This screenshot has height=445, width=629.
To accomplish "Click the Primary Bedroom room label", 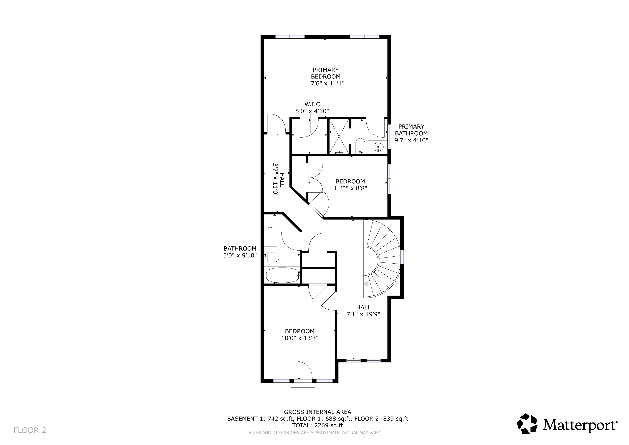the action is click(326, 76).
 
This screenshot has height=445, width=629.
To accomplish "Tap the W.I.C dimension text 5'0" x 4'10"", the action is click(312, 111).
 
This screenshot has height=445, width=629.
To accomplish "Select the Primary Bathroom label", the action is click(411, 133).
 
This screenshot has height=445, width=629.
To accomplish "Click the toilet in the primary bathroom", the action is click(360, 146).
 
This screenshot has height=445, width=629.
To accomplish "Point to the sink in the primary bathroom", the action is click(378, 147).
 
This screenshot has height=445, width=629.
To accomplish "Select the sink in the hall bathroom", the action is click(271, 227).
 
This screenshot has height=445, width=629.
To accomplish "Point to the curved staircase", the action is click(382, 259).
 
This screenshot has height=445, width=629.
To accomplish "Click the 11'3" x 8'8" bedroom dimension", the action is click(350, 188).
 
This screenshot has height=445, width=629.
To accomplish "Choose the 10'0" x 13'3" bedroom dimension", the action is click(300, 338).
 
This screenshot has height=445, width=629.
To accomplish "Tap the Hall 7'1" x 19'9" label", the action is click(364, 311).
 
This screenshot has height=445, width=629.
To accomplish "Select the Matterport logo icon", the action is click(527, 424).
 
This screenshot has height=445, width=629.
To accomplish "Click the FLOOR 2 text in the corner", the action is click(30, 430).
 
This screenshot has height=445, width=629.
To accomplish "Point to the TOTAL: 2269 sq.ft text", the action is click(318, 425).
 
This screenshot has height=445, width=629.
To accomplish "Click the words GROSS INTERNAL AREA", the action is click(318, 412).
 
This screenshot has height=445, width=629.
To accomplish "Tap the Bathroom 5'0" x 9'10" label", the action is click(240, 252).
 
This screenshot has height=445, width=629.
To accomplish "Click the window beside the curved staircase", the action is click(402, 257).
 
